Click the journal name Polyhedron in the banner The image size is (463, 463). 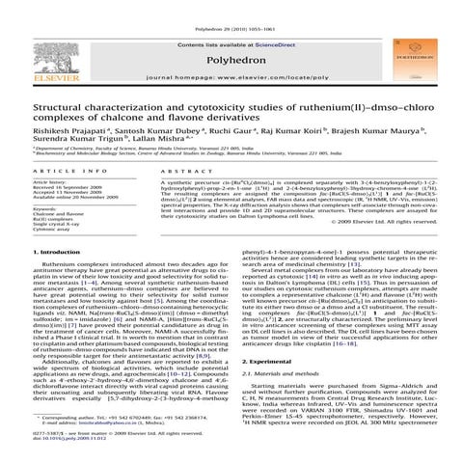click(x=231, y=50)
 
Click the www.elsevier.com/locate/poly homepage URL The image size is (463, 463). click(x=231, y=74)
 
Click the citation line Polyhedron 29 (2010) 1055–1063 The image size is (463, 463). click(x=231, y=6)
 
